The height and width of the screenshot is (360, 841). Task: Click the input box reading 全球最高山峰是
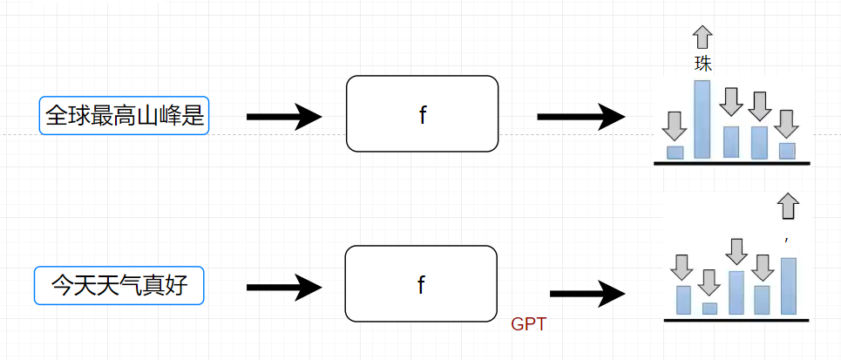(x=125, y=115)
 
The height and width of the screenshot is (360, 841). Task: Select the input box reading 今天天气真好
(x=119, y=286)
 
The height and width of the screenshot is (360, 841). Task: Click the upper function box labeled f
(x=423, y=114)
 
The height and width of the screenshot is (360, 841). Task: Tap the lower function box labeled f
(x=421, y=284)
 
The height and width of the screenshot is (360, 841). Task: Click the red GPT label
(x=528, y=325)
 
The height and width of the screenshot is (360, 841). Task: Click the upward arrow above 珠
(x=702, y=36)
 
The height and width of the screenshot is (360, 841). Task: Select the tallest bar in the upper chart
(x=702, y=119)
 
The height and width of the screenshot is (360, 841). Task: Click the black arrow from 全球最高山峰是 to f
(x=284, y=116)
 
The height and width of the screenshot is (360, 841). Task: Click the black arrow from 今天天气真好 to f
(x=284, y=286)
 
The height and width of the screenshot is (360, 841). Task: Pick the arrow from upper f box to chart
(x=580, y=116)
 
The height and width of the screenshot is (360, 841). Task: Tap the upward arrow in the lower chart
(x=788, y=206)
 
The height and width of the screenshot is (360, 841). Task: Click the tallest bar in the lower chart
(x=788, y=286)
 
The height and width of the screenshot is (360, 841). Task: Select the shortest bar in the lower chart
(x=709, y=308)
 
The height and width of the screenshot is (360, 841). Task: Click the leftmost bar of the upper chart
(x=675, y=153)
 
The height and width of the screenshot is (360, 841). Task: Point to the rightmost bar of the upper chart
(x=787, y=151)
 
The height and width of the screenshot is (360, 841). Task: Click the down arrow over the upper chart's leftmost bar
(x=673, y=126)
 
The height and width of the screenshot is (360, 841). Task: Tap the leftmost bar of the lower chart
(x=683, y=299)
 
